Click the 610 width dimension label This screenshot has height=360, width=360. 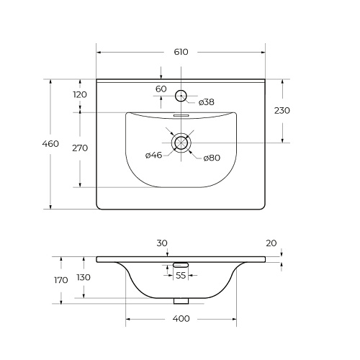pyautogui.click(x=181, y=52)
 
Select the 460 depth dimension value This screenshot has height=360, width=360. pyautogui.click(x=50, y=144)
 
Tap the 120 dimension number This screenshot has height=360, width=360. pyautogui.click(x=80, y=95)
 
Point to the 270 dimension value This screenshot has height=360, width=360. pyautogui.click(x=80, y=148)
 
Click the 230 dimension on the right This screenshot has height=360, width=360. pyautogui.click(x=282, y=111)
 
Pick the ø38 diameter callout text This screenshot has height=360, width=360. pyautogui.click(x=207, y=102)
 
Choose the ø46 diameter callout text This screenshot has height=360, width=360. pyautogui.click(x=154, y=156)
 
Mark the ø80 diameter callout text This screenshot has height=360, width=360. pyautogui.click(x=212, y=158)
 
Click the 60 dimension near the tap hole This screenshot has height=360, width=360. pyautogui.click(x=161, y=89)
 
